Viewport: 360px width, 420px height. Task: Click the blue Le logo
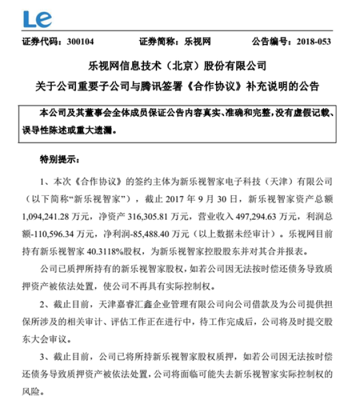point(37,19)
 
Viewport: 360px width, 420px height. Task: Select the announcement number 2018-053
point(312,42)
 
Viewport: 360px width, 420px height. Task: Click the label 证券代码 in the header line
point(41,42)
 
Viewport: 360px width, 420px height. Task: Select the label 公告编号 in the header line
point(269,42)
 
